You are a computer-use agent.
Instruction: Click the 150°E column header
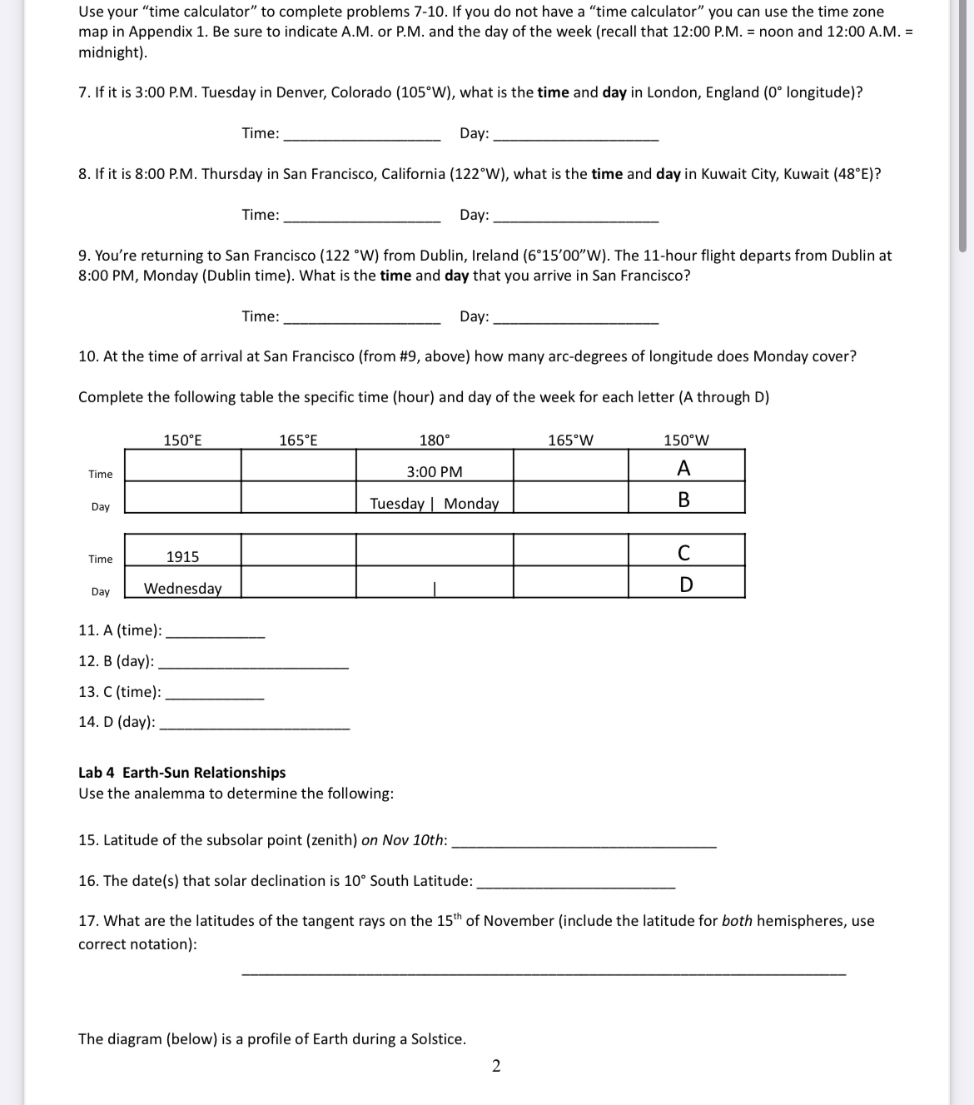pos(182,441)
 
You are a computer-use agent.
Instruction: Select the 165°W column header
pos(570,441)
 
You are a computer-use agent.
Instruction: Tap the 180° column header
pos(435,441)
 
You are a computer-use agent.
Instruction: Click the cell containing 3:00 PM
pos(435,472)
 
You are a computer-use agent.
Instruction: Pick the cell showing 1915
pos(182,557)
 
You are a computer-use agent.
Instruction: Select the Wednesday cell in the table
pos(182,589)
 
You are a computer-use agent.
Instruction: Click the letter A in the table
pos(683,469)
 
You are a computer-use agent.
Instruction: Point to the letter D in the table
pos(685,585)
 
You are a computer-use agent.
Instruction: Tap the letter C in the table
pos(683,553)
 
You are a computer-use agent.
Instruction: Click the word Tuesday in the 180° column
pos(396,504)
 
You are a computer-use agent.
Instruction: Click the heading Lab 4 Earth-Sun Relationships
pos(181,773)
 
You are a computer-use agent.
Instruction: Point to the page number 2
pos(496,1067)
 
